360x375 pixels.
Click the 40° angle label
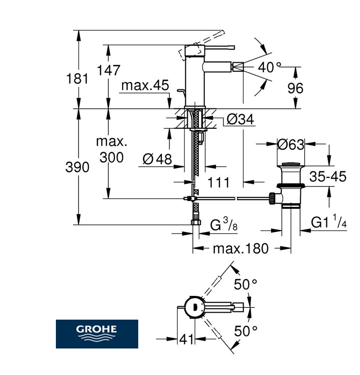tap(270, 67)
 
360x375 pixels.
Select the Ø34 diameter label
tap(240, 120)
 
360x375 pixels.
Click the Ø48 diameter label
tap(157, 159)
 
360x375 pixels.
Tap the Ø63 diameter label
tap(291, 145)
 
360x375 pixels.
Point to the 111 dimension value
tap(218, 182)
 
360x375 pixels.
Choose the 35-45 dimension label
tap(328, 176)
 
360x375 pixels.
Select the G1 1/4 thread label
tap(329, 222)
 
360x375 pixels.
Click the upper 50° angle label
tap(245, 285)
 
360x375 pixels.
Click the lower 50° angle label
tap(245, 331)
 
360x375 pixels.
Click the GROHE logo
tap(97, 334)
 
